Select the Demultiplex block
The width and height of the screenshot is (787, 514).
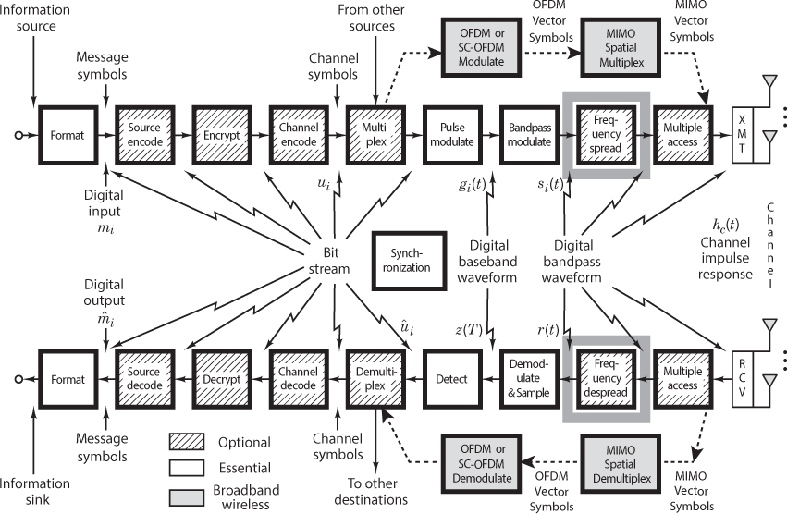373,379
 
